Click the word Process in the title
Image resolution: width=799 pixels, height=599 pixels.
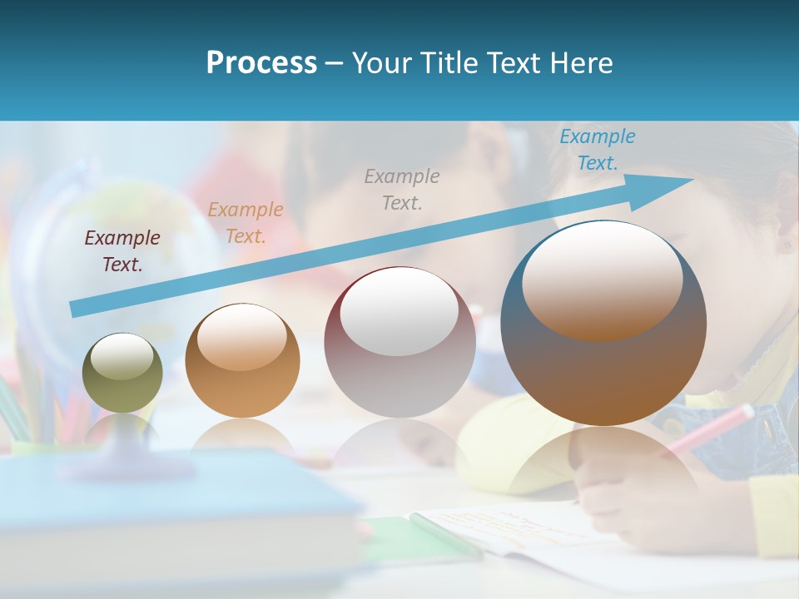261,63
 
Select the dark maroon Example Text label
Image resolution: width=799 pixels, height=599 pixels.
122,251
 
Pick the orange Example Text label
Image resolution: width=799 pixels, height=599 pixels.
246,223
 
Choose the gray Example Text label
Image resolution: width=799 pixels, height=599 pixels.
402,189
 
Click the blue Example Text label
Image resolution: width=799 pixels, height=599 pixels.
597,150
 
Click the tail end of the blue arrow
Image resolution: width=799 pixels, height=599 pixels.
75,309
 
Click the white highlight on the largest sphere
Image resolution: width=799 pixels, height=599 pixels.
602,279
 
